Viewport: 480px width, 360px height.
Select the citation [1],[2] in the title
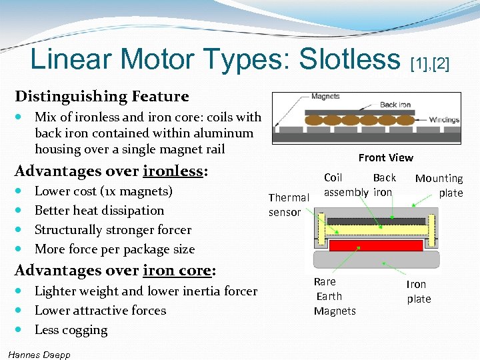click(431, 64)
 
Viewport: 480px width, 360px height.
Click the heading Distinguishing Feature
click(102, 96)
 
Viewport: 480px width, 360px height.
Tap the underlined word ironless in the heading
click(173, 171)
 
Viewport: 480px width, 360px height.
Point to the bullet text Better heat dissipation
click(99, 210)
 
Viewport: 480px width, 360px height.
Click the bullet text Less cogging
click(71, 329)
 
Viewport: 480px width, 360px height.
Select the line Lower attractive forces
click(100, 310)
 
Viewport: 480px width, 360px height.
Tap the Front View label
click(385, 157)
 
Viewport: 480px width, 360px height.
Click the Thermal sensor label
click(288, 205)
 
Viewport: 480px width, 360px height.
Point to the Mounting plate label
click(439, 185)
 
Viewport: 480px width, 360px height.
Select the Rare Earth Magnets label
click(334, 296)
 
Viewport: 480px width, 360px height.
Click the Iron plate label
click(418, 291)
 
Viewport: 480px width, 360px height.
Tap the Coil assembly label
click(345, 185)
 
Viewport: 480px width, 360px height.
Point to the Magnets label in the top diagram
click(325, 97)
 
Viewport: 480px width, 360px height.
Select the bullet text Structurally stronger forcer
click(113, 229)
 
